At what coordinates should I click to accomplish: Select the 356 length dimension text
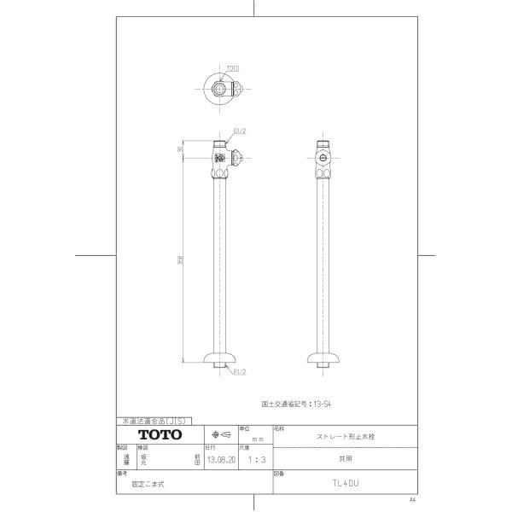[x=180, y=260]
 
